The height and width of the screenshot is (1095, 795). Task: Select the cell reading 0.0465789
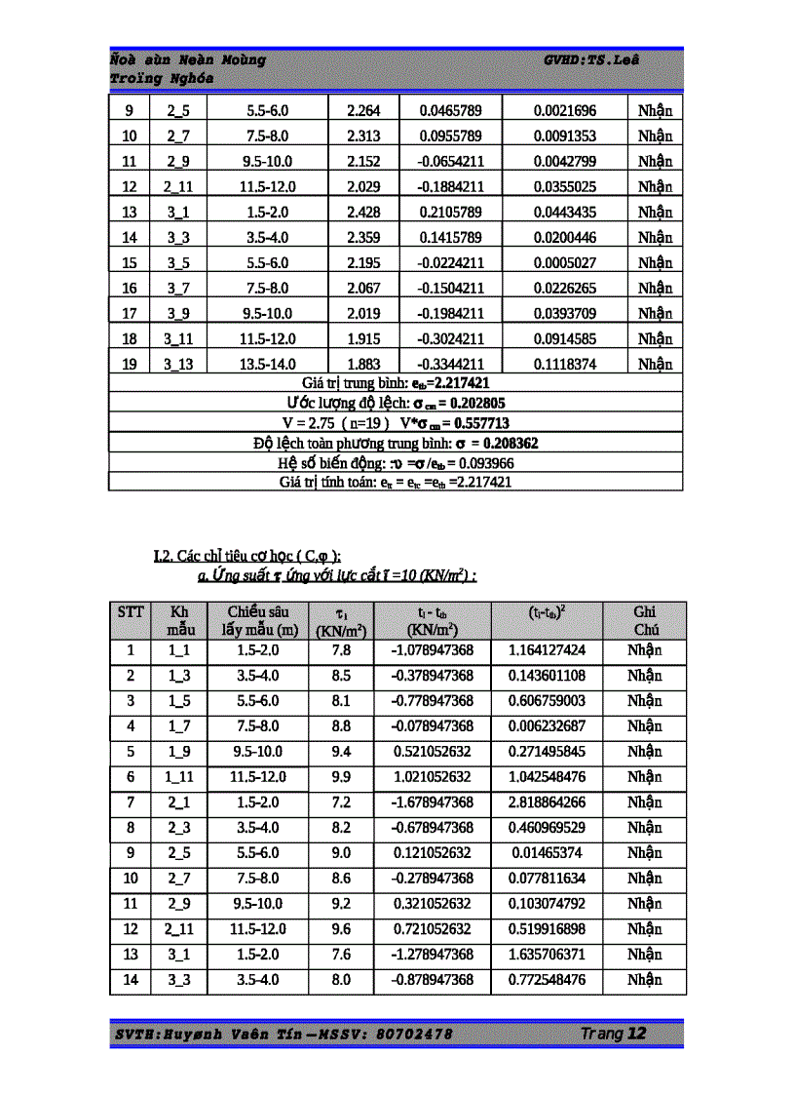click(451, 111)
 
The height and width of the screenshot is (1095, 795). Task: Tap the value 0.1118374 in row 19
click(565, 365)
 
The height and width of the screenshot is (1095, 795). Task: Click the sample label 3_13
click(178, 365)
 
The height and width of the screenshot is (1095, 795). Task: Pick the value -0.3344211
click(451, 365)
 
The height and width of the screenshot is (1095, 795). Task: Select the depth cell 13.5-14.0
click(268, 365)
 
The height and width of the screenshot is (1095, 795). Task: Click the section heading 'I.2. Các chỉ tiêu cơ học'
click(247, 556)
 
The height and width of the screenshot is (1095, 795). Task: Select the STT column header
click(131, 611)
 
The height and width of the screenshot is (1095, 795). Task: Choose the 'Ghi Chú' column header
click(645, 620)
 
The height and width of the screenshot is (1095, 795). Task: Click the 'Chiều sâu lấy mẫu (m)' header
click(258, 620)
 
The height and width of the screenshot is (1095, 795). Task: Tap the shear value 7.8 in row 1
click(341, 650)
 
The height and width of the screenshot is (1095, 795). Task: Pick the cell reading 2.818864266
click(548, 802)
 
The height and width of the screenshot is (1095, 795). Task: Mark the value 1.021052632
click(433, 777)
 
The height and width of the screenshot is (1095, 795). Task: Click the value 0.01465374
click(548, 853)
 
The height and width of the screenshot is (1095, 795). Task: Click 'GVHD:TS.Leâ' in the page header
click(591, 59)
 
